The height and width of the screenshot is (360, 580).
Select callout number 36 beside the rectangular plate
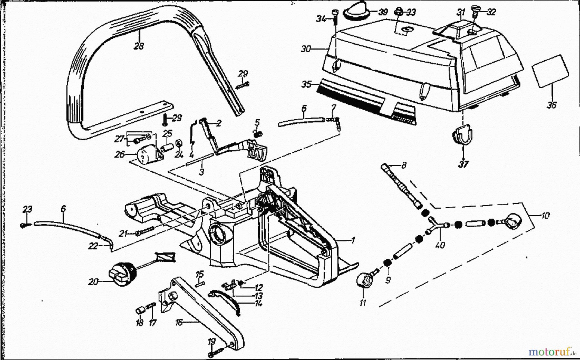coord(552,105)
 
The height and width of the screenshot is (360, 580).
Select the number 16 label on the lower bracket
coord(179,322)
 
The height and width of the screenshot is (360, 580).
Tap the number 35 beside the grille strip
coord(306,84)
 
